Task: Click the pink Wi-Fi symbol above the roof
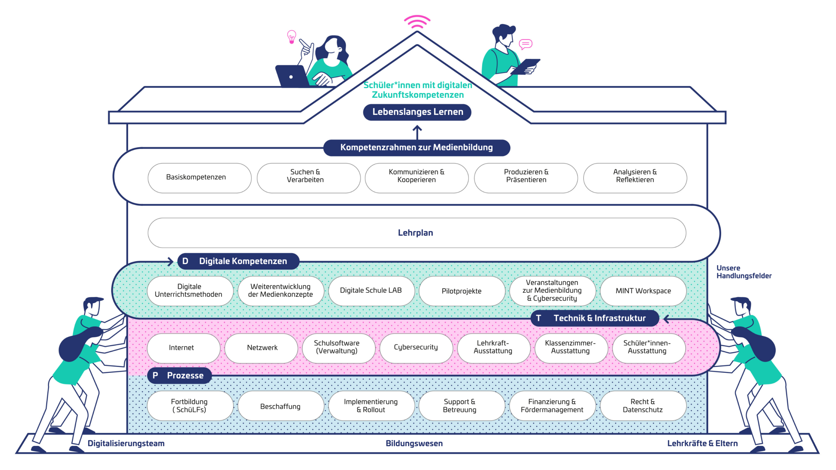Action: pos(417,22)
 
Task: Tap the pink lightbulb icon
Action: pos(292,37)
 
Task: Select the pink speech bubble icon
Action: pos(525,44)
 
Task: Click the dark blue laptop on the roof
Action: pos(293,76)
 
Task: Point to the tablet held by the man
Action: pos(525,67)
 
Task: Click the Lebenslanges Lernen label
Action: pos(417,112)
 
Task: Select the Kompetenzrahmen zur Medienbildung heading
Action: pos(417,148)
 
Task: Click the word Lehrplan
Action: pos(415,233)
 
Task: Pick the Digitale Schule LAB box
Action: pos(371,291)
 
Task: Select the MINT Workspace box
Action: pos(643,291)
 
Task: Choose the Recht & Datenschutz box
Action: pos(643,406)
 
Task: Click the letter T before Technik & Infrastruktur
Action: pos(539,318)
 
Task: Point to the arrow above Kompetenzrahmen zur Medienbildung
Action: pos(417,133)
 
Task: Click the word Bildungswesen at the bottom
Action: pos(414,443)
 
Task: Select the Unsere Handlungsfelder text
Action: pos(744,272)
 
